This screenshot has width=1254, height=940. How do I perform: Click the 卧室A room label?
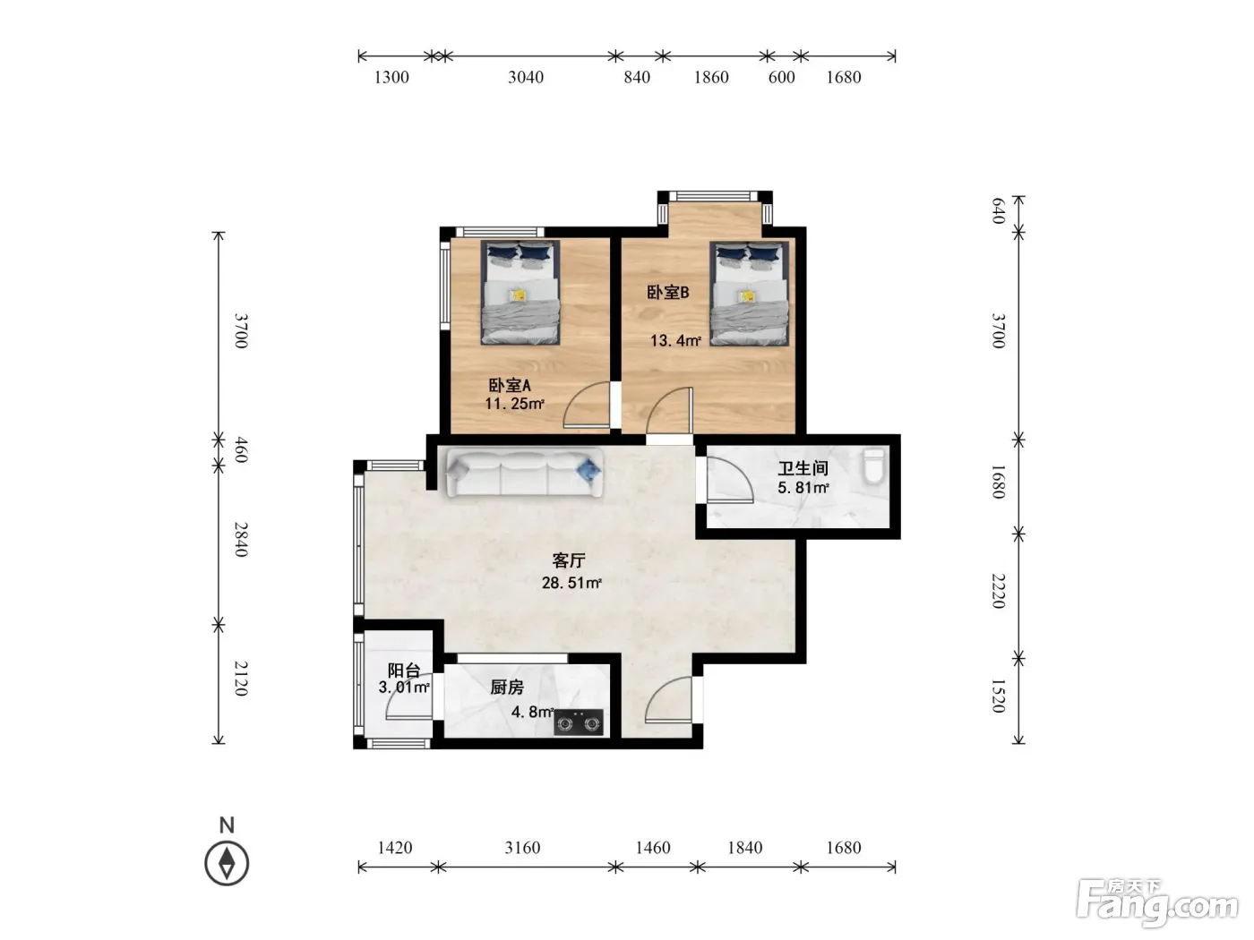(x=509, y=385)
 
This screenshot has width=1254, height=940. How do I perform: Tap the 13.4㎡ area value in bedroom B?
(x=675, y=341)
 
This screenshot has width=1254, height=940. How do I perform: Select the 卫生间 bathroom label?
(x=803, y=468)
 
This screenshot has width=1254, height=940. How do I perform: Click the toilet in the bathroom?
(x=873, y=466)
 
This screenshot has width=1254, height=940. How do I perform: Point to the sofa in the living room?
(x=525, y=473)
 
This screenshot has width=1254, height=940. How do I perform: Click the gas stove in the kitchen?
(x=578, y=722)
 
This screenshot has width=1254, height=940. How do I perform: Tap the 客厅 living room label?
(x=569, y=560)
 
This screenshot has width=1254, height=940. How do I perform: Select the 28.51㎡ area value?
(x=571, y=583)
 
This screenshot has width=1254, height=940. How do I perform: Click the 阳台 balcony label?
(x=404, y=670)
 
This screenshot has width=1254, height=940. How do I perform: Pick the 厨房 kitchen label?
(x=507, y=688)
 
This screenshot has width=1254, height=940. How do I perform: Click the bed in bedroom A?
(x=520, y=292)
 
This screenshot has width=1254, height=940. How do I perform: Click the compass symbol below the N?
(x=227, y=863)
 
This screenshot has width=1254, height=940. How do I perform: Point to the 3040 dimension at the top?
(x=526, y=77)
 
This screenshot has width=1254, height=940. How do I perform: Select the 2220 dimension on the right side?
(x=998, y=591)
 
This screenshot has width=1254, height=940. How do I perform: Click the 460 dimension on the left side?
(x=241, y=450)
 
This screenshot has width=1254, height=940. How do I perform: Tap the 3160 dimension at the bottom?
(x=522, y=848)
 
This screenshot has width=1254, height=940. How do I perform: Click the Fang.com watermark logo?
(x=1157, y=902)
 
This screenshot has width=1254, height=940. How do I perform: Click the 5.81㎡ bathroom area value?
(x=803, y=488)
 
